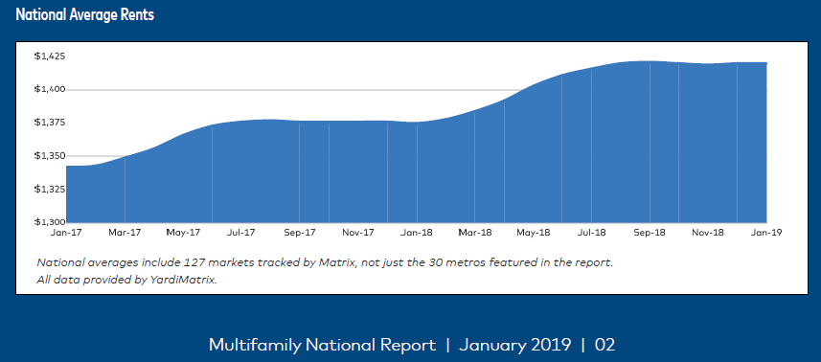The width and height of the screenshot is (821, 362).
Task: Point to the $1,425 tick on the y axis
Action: click(49, 57)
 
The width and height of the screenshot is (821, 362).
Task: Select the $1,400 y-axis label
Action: click(49, 90)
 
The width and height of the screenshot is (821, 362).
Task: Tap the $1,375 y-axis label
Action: click(49, 123)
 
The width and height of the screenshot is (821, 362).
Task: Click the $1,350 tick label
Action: click(49, 156)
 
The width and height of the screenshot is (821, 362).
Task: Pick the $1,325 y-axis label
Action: click(49, 189)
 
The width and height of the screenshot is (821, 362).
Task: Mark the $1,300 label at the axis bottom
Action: click(49, 221)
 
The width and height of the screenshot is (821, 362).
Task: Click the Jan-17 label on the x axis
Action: click(66, 233)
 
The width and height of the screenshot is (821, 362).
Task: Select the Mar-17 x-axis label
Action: click(125, 233)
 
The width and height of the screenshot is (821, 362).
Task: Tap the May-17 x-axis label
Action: click(183, 233)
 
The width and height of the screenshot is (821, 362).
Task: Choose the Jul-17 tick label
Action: click(241, 233)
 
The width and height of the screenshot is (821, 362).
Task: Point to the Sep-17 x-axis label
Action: click(300, 233)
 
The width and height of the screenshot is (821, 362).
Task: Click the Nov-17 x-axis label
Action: click(358, 233)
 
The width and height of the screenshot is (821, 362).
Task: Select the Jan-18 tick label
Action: click(417, 233)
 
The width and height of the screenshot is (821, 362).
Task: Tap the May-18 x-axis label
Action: click(534, 233)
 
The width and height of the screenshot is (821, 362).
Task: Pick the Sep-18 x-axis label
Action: click(650, 233)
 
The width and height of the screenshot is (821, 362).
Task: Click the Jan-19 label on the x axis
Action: click(766, 233)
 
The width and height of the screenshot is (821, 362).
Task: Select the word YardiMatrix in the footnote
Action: click(186, 280)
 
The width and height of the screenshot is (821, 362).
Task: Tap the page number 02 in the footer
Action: click(605, 344)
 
